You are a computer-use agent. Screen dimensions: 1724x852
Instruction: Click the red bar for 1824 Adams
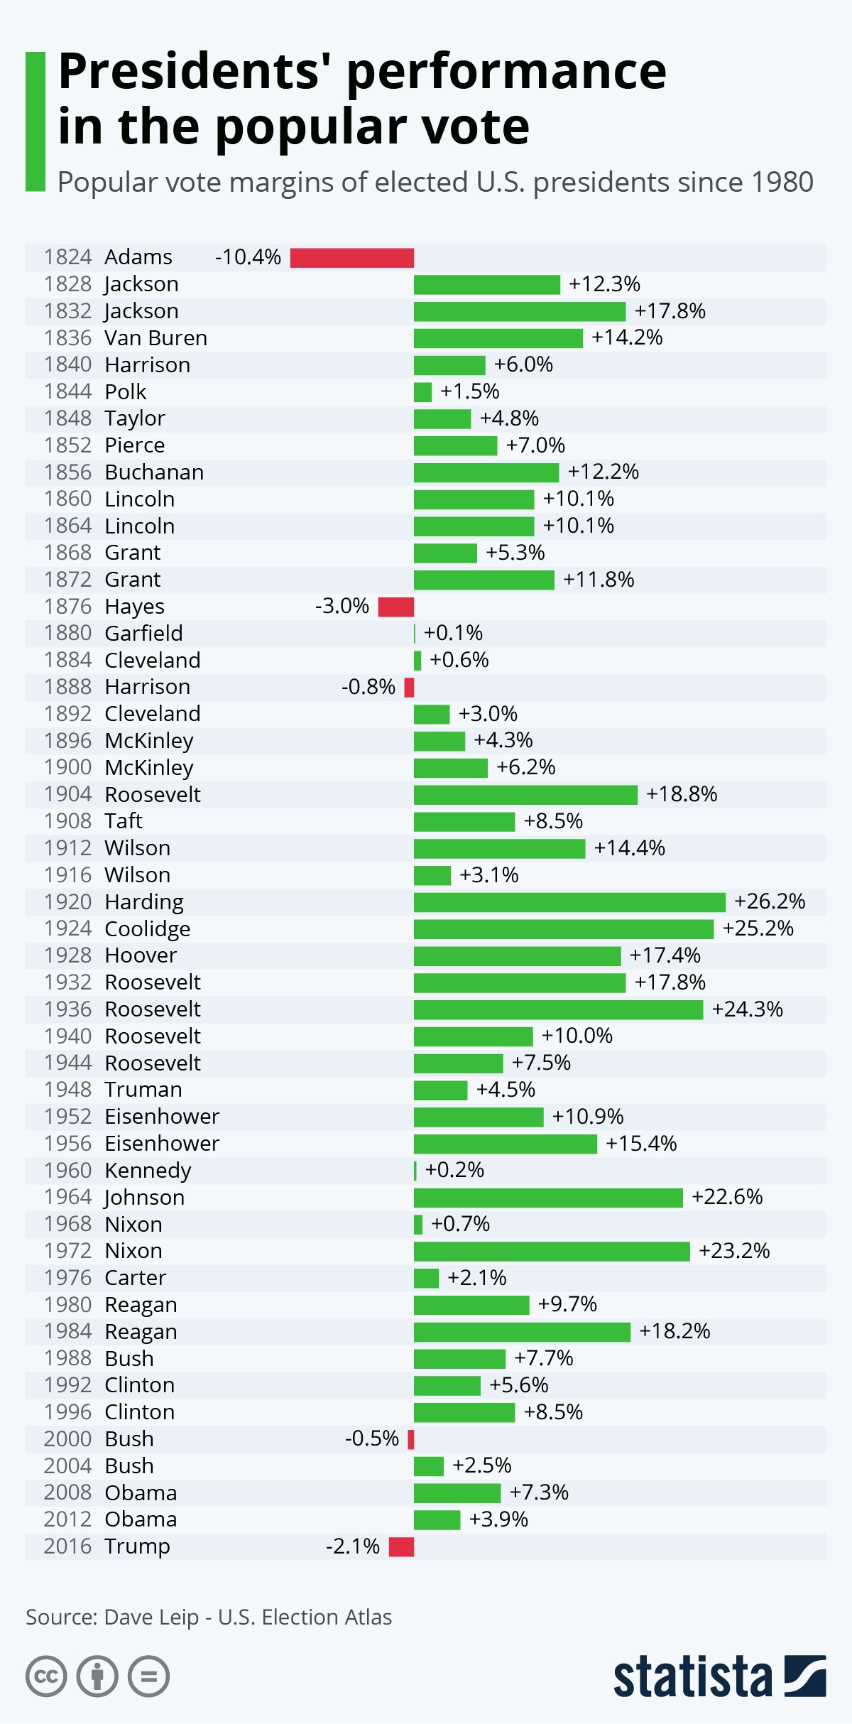click(352, 258)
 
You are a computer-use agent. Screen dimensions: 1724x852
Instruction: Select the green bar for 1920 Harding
click(569, 902)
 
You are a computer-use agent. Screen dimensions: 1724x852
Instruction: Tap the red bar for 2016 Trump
click(401, 1546)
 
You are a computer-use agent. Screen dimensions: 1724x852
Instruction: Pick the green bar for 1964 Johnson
click(548, 1198)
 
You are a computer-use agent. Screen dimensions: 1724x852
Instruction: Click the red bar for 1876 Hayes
click(396, 607)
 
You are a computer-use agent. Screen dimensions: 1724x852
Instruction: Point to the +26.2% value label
click(770, 901)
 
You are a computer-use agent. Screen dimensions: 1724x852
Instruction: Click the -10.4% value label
click(248, 257)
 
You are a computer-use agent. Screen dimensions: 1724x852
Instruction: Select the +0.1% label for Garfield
click(453, 633)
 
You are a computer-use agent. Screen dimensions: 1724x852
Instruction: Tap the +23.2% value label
click(734, 1251)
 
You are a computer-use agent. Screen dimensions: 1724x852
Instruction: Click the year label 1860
click(68, 499)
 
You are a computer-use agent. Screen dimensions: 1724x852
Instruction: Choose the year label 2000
click(68, 1439)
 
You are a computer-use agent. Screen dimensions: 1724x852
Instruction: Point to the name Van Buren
click(156, 338)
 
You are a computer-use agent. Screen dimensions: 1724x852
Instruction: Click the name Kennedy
click(148, 1171)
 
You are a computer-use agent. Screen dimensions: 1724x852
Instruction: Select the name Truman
click(143, 1090)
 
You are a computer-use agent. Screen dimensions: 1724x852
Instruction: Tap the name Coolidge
click(148, 929)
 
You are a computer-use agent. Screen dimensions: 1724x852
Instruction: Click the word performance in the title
click(506, 71)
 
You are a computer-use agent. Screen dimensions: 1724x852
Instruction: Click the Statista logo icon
click(805, 1676)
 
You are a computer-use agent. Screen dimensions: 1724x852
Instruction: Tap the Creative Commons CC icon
click(46, 1677)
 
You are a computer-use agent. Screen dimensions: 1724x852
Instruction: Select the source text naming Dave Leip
click(209, 1617)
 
